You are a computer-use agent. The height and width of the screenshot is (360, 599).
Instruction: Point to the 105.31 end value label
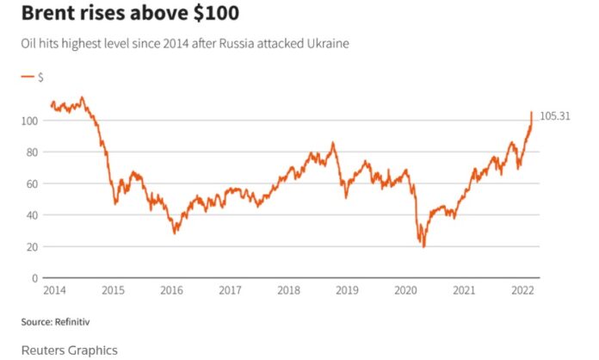[x=555, y=116]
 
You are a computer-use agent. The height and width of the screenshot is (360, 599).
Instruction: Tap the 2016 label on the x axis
[x=171, y=291]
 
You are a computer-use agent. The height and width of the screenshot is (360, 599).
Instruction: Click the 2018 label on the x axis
[x=288, y=291]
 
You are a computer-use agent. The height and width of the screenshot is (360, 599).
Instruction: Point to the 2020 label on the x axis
[x=406, y=291]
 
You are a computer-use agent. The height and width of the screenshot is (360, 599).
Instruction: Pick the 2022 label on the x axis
[x=523, y=291]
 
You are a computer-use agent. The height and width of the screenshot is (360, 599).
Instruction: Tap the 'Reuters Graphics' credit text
[x=70, y=350]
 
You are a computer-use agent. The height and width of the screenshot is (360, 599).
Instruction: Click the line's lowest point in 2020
[x=424, y=247]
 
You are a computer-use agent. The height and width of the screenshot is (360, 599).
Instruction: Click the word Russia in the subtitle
[x=255, y=44]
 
